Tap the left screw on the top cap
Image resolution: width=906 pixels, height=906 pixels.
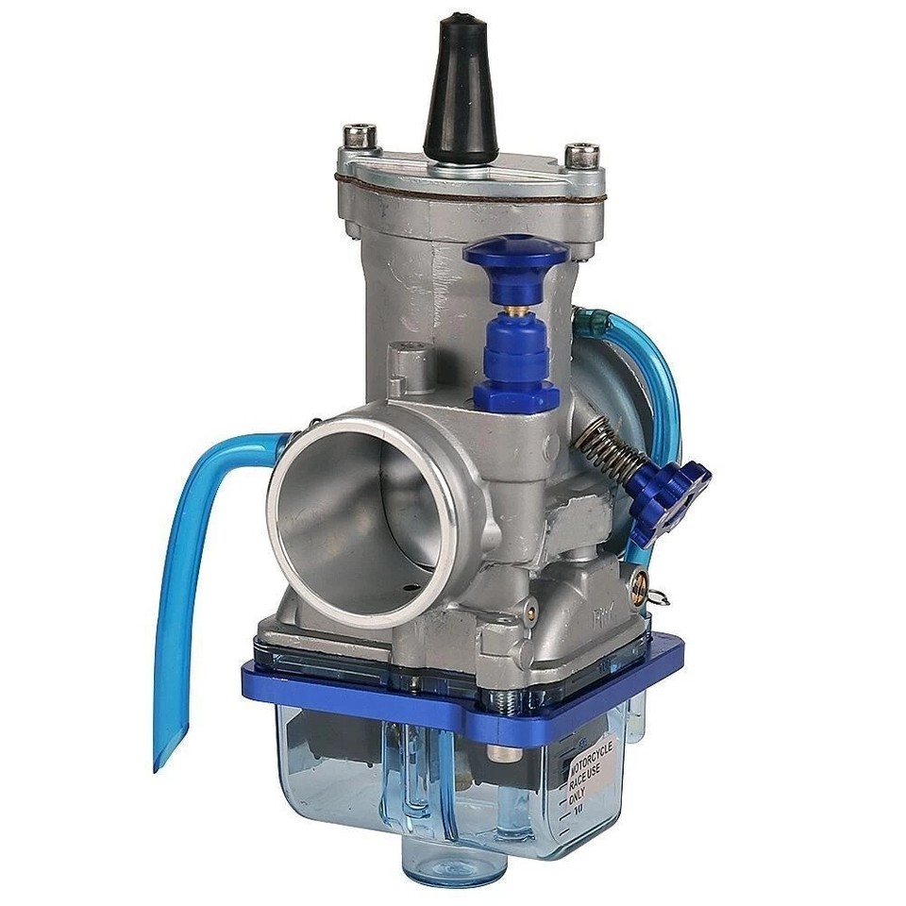[360, 134]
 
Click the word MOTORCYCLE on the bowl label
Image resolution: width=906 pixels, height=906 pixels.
[593, 757]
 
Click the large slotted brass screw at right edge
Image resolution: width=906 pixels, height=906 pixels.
[643, 588]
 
